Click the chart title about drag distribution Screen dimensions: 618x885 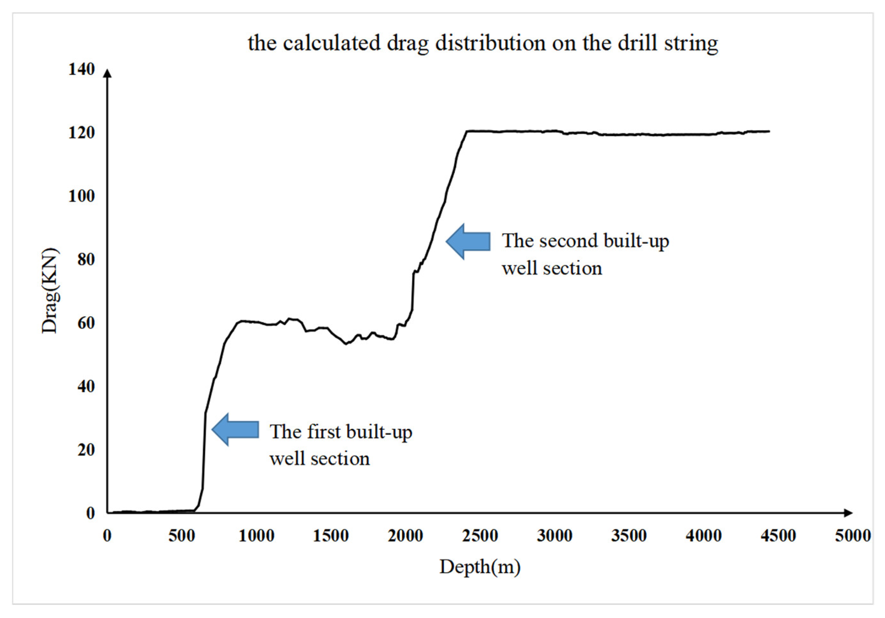pyautogui.click(x=483, y=43)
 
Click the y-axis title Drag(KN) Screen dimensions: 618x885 pyautogui.click(x=50, y=291)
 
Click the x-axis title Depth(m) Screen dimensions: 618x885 pyautogui.click(x=480, y=567)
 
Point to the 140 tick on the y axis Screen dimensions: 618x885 pyautogui.click(x=81, y=70)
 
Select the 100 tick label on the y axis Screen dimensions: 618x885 pyautogui.click(x=81, y=196)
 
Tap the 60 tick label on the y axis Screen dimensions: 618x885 pyautogui.click(x=85, y=323)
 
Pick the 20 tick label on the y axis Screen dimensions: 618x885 pyautogui.click(x=85, y=450)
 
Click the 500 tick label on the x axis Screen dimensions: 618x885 pyautogui.click(x=182, y=536)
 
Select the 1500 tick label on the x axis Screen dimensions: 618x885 pyautogui.click(x=331, y=536)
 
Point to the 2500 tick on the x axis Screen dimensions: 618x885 pyautogui.click(x=480, y=536)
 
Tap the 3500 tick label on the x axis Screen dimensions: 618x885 pyautogui.click(x=629, y=536)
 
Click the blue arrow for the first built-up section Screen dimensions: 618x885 pyautogui.click(x=236, y=429)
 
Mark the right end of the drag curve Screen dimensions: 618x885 pyautogui.click(x=769, y=131)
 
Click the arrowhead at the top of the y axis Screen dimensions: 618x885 pyautogui.click(x=108, y=73)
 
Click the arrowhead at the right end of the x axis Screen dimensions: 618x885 pyautogui.click(x=848, y=513)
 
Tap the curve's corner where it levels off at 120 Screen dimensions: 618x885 pyautogui.click(x=467, y=131)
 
